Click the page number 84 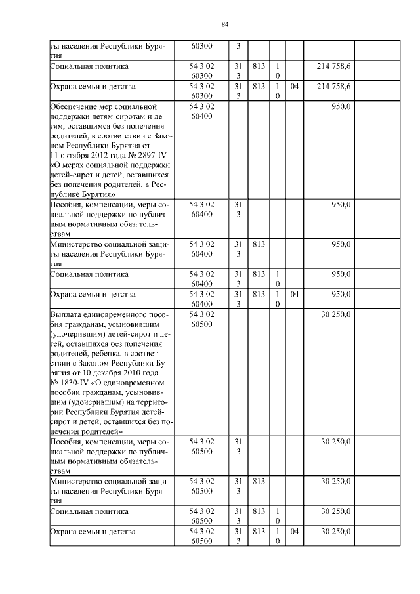point(224,24)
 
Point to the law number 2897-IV point(153,155)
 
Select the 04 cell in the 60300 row point(295,86)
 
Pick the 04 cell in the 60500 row point(295,531)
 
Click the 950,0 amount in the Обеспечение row point(341,106)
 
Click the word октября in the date point(75,155)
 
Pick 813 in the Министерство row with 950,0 point(258,244)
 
